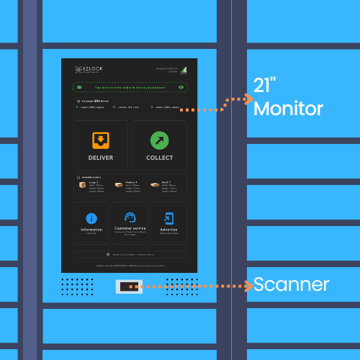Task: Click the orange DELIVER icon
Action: click(101, 140)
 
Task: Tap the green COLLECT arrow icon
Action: click(159, 140)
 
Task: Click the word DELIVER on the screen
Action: click(101, 158)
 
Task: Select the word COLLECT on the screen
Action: click(159, 158)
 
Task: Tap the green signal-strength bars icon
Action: click(184, 70)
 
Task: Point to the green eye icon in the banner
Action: click(181, 87)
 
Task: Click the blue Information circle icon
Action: click(91, 218)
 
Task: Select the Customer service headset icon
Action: click(130, 217)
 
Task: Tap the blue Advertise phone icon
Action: click(168, 218)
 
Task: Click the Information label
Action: click(91, 230)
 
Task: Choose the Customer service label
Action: click(130, 229)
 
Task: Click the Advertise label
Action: click(168, 230)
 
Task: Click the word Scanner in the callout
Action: click(291, 284)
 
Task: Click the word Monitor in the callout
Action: click(288, 109)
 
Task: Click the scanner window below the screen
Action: click(129, 287)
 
